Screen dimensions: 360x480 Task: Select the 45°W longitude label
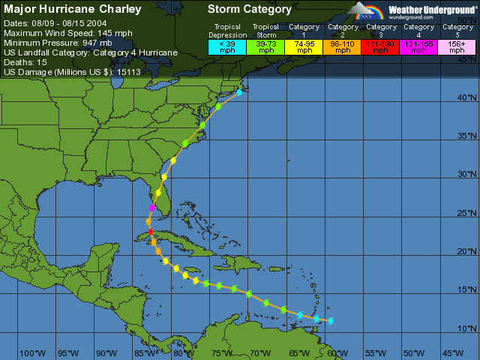[453, 353]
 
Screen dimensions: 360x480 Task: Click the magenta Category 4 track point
[152, 208]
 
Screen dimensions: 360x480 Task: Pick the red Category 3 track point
[151, 231]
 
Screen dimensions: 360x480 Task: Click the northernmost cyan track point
[239, 92]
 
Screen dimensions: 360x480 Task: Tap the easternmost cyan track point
[330, 321]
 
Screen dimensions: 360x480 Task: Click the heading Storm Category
[250, 10]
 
